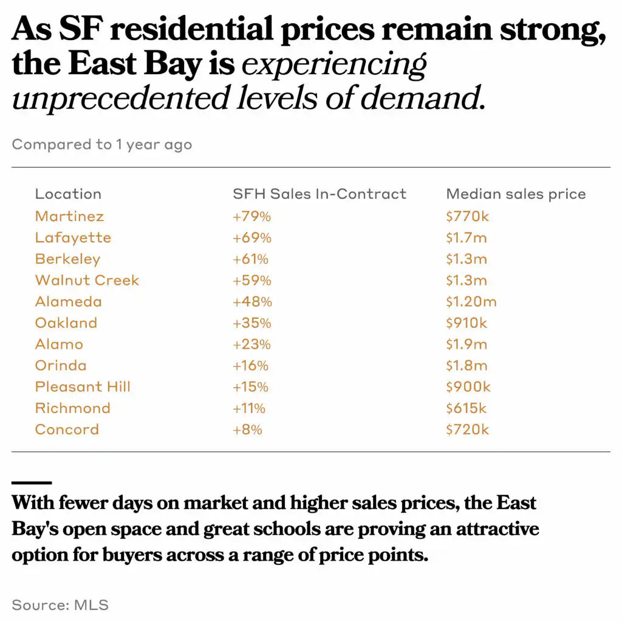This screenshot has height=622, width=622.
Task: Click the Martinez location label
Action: [69, 216]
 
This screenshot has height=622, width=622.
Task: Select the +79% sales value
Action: [252, 216]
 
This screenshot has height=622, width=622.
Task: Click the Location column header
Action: [68, 194]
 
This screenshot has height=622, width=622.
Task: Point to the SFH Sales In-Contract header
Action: [320, 194]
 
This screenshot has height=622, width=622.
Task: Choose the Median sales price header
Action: [516, 194]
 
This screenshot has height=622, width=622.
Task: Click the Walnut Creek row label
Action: [87, 281]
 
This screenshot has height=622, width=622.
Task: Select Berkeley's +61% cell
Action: [250, 259]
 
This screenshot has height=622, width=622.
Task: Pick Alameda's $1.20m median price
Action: [471, 302]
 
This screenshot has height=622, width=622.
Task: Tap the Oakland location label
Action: [66, 323]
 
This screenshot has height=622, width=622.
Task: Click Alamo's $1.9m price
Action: [466, 344]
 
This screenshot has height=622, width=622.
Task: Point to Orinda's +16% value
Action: [250, 366]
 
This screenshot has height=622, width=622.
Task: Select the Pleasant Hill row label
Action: [83, 387]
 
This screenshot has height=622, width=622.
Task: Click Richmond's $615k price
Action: [466, 408]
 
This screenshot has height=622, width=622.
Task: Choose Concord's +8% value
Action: [247, 429]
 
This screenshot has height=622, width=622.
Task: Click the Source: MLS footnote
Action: [60, 604]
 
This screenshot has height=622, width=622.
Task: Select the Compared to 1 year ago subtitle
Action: [101, 145]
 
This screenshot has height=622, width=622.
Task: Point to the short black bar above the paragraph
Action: [32, 483]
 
